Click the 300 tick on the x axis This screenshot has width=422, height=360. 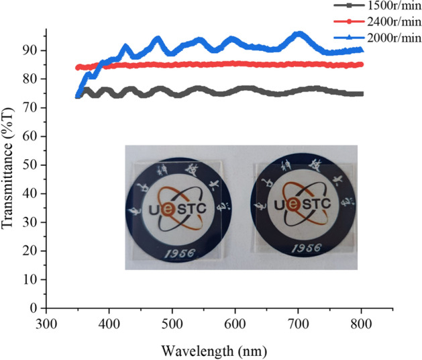pyautogui.click(x=46, y=322)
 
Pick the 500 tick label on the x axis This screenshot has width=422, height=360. pyautogui.click(x=172, y=322)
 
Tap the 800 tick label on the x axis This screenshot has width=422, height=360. pyautogui.click(x=362, y=322)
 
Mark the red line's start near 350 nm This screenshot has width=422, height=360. pyautogui.click(x=78, y=67)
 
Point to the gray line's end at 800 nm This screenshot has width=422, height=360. pyautogui.click(x=362, y=94)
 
